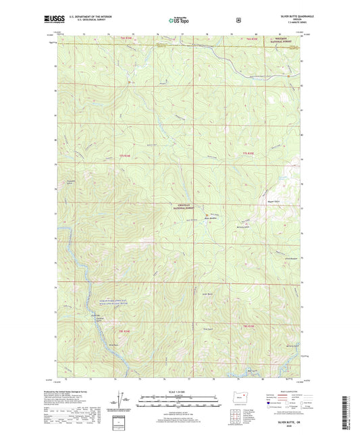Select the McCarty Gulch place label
(x=243, y=228)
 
